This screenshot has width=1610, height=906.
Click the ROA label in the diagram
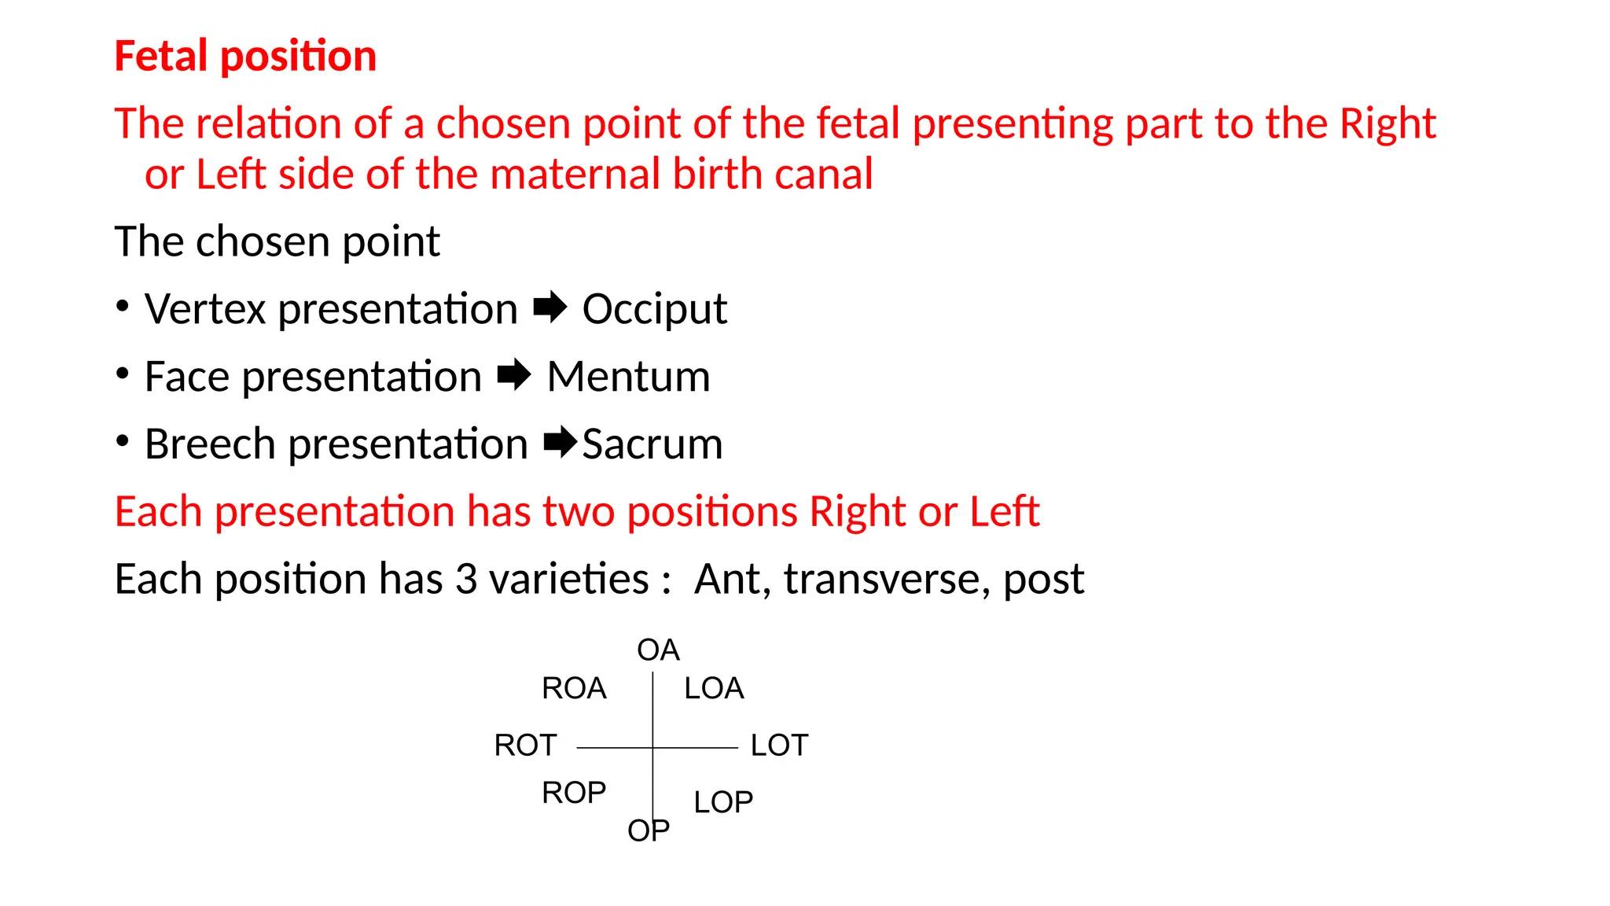pos(574,688)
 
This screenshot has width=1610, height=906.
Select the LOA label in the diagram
pos(714,688)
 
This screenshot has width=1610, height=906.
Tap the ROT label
pos(525,745)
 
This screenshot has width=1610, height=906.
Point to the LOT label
pos(779,745)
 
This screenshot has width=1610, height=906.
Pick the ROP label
pos(574,793)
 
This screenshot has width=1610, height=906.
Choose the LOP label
pos(723,802)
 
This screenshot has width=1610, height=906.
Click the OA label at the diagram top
pos(658,650)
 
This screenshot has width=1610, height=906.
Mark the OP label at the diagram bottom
pos(649,830)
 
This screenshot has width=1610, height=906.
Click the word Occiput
pos(654,309)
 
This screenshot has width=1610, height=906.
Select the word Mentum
pos(628,377)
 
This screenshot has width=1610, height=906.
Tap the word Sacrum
pos(652,444)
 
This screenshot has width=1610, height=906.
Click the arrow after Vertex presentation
pos(550,307)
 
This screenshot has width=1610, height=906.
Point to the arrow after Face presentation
pos(514,374)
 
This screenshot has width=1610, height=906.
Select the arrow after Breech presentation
pos(561,442)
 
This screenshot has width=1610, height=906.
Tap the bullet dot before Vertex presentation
pos(122,306)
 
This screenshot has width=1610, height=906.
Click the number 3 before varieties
pos(466,579)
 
